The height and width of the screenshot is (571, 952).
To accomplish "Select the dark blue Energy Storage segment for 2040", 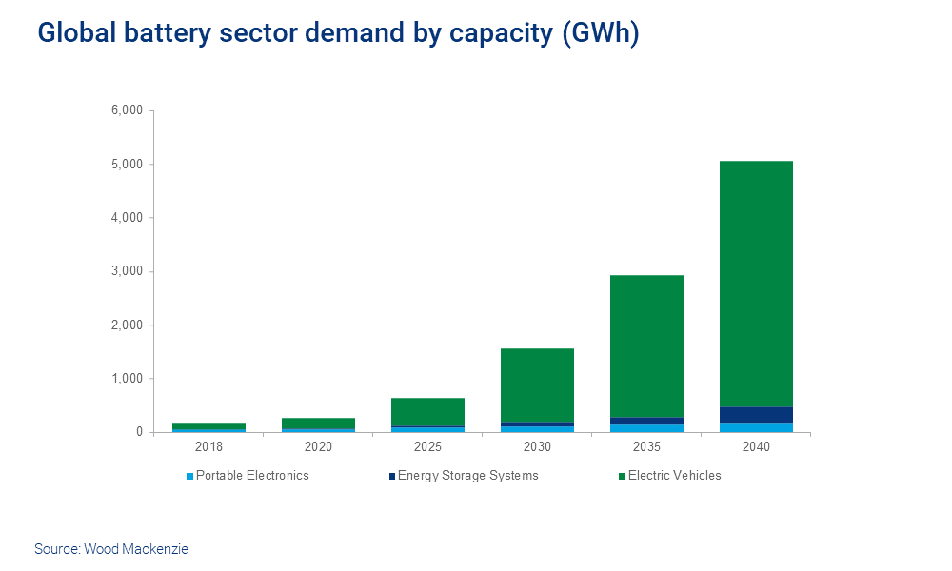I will point(756,415).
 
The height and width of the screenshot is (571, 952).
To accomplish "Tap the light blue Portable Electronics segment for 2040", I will point(756,427).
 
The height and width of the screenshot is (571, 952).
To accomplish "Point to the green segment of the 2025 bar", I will point(427,412).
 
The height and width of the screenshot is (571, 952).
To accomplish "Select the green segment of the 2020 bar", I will point(318,423).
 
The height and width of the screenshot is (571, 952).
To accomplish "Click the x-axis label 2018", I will point(208,445).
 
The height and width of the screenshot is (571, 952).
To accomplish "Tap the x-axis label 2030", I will point(537,445).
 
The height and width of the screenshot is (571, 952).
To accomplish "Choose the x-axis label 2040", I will point(756,445).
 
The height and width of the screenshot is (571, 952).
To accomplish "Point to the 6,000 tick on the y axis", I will point(127,110).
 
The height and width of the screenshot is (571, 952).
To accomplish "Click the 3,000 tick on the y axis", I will point(127,271).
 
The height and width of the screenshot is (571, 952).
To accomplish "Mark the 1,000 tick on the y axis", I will point(127,379).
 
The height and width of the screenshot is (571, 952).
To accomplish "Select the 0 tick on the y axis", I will point(138,432).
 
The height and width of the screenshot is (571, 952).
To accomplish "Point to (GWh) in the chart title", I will point(601,32).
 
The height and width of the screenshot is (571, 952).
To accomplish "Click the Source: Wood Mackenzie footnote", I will point(111,549).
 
